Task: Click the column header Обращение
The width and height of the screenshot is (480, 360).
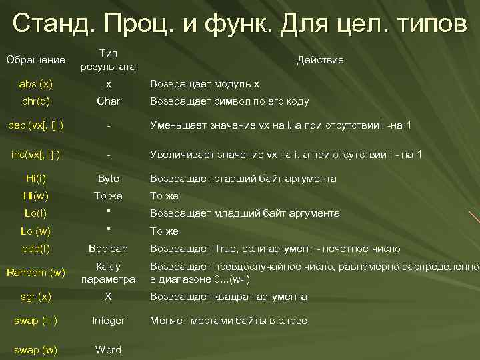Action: pyautogui.click(x=35, y=60)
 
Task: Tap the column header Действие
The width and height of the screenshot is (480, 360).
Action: pyautogui.click(x=321, y=60)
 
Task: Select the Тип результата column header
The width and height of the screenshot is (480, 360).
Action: pyautogui.click(x=108, y=60)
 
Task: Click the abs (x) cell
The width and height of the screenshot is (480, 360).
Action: pyautogui.click(x=37, y=84)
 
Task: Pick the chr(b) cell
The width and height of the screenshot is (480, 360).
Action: pyautogui.click(x=37, y=101)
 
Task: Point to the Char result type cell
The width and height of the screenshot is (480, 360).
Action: pyautogui.click(x=108, y=101)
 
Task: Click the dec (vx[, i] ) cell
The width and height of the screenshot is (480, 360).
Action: pyautogui.click(x=36, y=125)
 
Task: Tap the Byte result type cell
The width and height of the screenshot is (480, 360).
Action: pyautogui.click(x=108, y=178)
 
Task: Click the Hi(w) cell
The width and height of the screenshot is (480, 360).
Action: pyautogui.click(x=36, y=195)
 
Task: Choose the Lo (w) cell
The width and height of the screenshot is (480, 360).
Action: pyautogui.click(x=36, y=231)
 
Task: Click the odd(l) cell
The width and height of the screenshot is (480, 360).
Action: pyautogui.click(x=36, y=248)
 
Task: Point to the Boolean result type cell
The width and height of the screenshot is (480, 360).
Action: pyautogui.click(x=108, y=248)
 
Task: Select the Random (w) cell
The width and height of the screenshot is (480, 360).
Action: pyautogui.click(x=36, y=272)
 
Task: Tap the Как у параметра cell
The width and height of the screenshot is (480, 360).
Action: pyautogui.click(x=108, y=272)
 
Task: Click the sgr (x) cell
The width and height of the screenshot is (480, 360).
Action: pyautogui.click(x=36, y=296)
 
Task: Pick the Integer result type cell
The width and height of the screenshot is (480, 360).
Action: pyautogui.click(x=108, y=321)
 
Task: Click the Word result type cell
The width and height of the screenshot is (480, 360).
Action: pyautogui.click(x=108, y=349)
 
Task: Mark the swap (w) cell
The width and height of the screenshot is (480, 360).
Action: pyautogui.click(x=36, y=349)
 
